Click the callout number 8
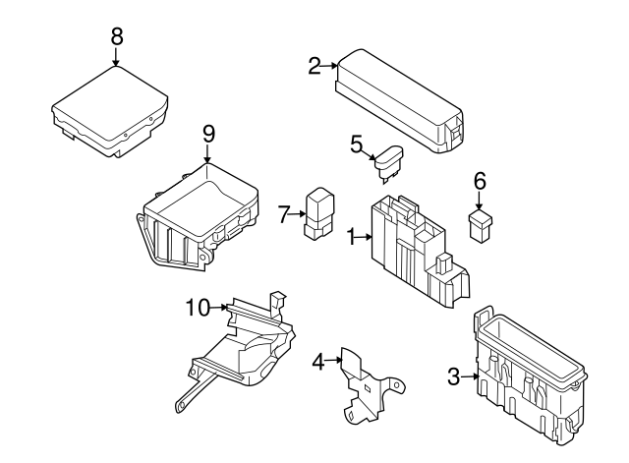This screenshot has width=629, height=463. click(x=116, y=35)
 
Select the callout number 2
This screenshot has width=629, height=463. click(x=314, y=66)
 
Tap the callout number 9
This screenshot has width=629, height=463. click(x=207, y=133)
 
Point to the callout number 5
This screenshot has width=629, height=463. click(x=356, y=144)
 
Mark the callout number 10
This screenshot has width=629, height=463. click(x=198, y=308)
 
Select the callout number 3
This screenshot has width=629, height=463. click(x=453, y=376)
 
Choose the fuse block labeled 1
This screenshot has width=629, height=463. click(x=413, y=251)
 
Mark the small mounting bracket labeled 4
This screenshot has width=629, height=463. click(x=364, y=388)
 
